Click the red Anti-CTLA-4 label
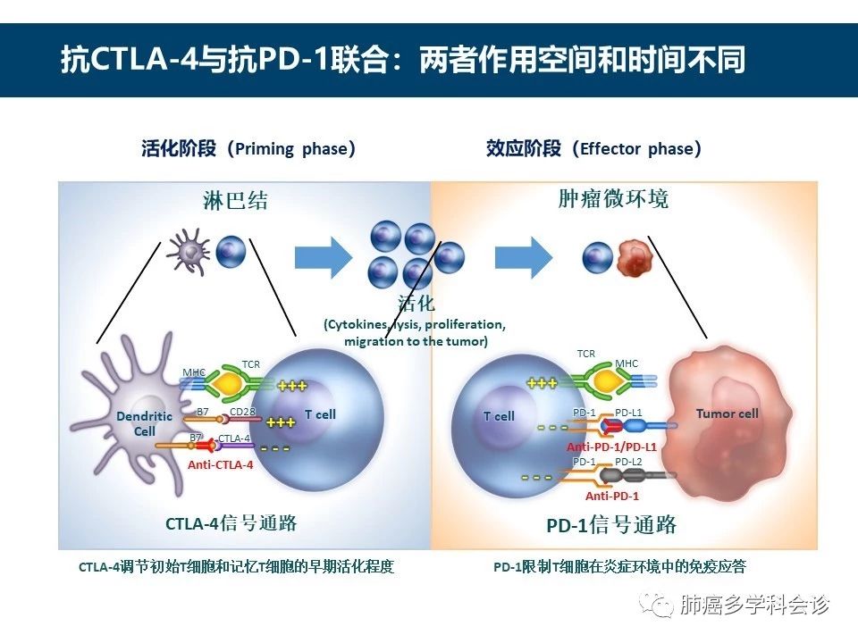220,464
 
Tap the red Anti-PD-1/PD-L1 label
611,446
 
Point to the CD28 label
242,412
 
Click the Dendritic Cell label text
144,423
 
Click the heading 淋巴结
235,200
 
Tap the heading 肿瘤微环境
613,198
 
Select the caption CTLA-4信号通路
231,522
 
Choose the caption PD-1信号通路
611,523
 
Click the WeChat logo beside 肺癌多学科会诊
660,606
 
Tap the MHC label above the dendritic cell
194,372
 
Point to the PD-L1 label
628,412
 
